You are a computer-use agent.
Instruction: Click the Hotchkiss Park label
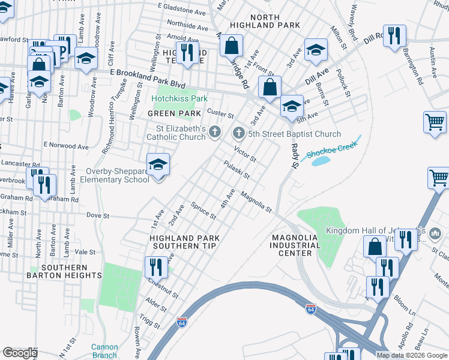tap(179, 98)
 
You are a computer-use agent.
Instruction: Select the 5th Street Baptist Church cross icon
tap(239, 133)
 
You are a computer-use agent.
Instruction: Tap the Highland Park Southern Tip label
tap(184, 242)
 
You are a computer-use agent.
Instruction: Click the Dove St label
tap(98, 215)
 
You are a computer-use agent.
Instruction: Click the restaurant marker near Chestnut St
tap(156, 266)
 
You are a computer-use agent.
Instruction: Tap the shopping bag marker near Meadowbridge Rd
tap(231, 45)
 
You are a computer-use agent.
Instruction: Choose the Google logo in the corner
tap(19, 353)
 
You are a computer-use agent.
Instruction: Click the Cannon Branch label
tap(104, 351)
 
